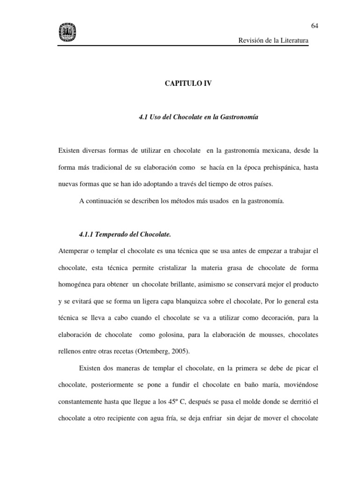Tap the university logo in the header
point(67,32)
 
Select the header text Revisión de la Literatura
point(274,41)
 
